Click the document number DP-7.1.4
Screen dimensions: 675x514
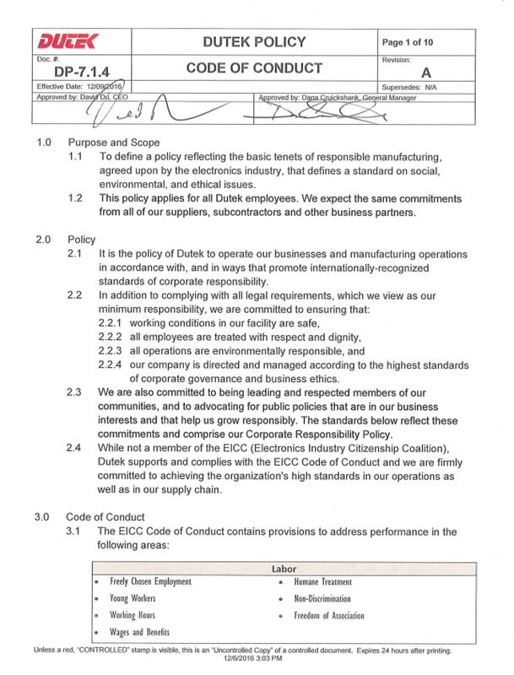[x=68, y=73]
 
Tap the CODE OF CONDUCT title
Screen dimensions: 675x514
[x=255, y=67]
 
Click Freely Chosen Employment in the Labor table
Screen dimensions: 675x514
[x=150, y=583]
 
